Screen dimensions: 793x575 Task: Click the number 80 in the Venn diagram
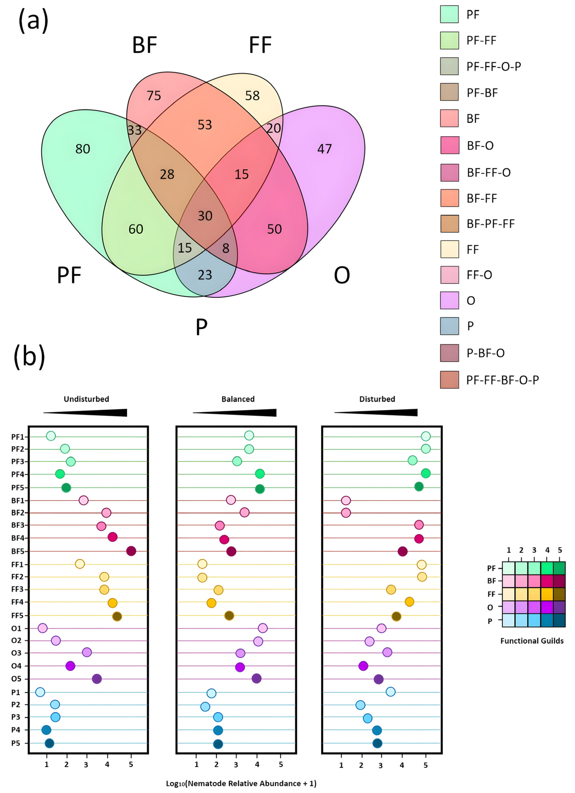pos(83,149)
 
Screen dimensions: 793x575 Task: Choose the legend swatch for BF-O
pos(449,145)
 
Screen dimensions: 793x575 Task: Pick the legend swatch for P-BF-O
pos(449,353)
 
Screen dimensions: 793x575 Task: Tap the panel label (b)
pos(29,357)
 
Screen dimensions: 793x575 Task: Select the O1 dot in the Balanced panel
pos(263,628)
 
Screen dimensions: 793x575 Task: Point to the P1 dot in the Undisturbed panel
pos(40,692)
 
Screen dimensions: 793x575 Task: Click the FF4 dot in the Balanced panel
pos(211,603)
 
